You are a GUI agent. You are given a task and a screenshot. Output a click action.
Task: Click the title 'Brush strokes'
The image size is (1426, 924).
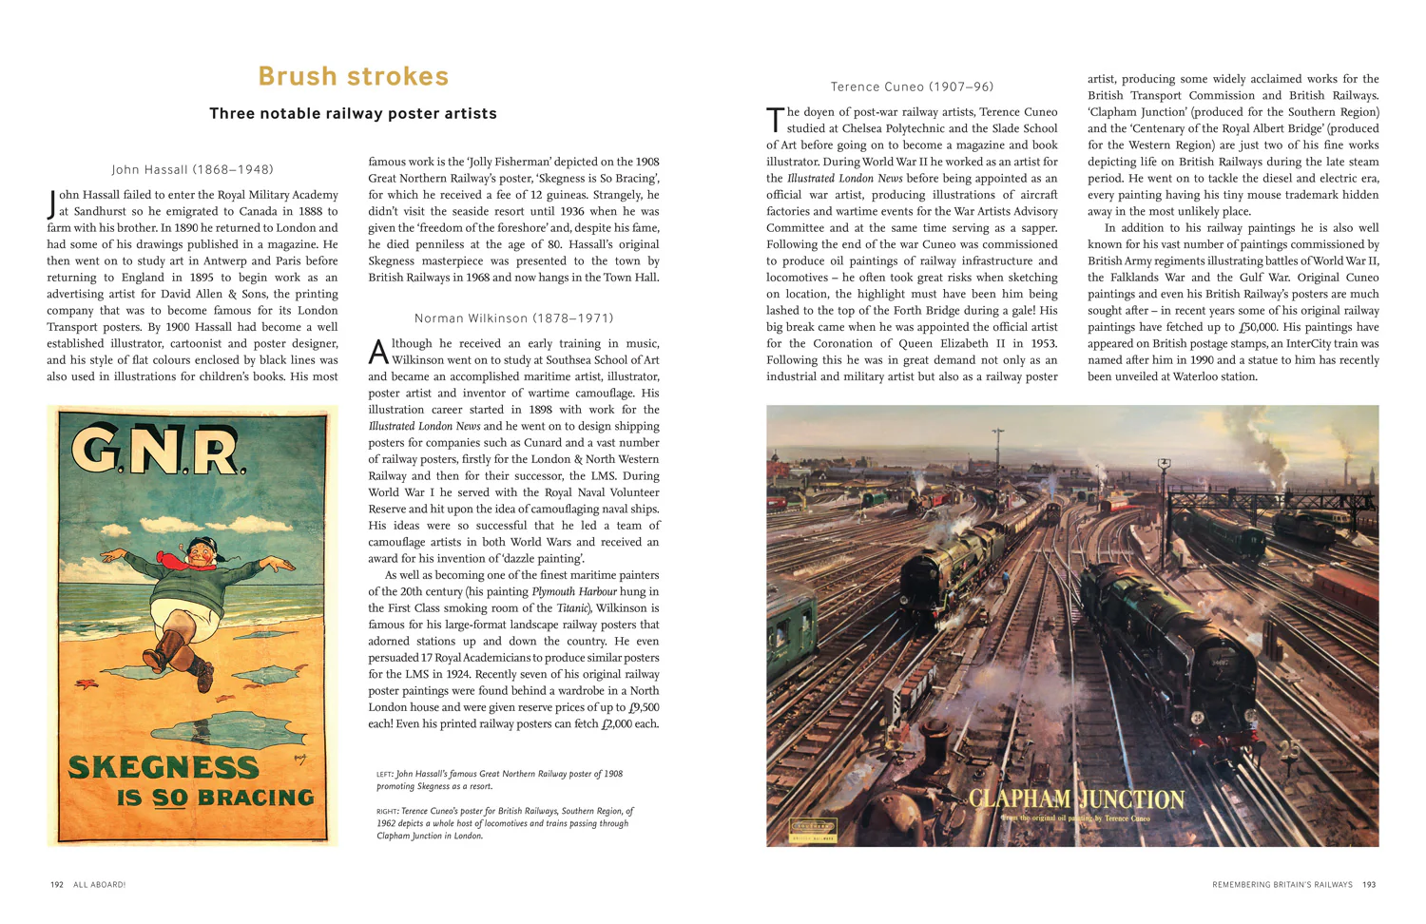[353, 76]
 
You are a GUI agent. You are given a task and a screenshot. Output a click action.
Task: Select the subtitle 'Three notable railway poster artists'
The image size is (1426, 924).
[353, 114]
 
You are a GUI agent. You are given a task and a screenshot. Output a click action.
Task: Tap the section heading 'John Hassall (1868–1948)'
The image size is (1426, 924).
[192, 170]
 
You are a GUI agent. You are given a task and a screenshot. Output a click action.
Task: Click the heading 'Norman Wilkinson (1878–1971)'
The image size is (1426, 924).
[513, 318]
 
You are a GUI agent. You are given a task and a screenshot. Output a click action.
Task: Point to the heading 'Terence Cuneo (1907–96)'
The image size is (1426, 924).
[912, 87]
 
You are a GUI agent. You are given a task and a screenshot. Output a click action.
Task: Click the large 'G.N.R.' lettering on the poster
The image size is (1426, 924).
[159, 452]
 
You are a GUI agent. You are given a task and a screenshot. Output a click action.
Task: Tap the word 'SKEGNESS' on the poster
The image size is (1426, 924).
[163, 767]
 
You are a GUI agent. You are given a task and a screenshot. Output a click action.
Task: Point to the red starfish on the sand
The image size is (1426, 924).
[82, 683]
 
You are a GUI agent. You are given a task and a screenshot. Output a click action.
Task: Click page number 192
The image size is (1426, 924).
[57, 885]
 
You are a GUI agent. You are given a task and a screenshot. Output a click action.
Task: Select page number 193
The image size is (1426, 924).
[1369, 885]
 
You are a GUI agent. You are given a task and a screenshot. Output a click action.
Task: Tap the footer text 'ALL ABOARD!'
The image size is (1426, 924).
[100, 885]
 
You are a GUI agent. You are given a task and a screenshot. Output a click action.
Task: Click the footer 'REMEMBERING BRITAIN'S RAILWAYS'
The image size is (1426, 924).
[1281, 885]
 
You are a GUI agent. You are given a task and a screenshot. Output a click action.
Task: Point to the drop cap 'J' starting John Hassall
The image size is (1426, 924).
[52, 203]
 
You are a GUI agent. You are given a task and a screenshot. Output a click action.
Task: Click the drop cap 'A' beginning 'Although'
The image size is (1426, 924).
[378, 353]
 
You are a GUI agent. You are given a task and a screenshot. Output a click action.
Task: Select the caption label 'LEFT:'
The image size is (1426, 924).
[385, 775]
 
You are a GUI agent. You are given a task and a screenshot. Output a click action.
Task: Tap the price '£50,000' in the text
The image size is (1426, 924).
[1262, 327]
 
